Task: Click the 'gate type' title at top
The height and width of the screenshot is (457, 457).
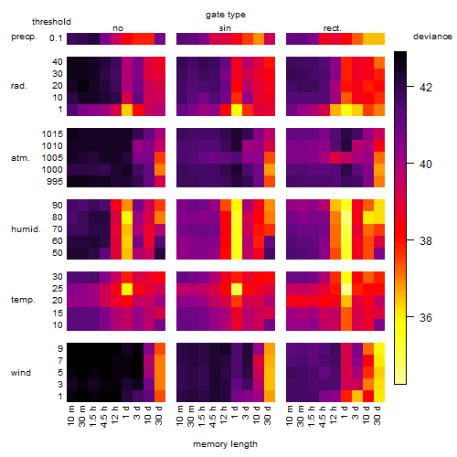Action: (x=226, y=15)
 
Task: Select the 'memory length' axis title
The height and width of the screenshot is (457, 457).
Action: (x=225, y=444)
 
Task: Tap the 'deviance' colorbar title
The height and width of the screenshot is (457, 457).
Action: (x=432, y=37)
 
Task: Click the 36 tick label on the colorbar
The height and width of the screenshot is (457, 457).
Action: (x=426, y=318)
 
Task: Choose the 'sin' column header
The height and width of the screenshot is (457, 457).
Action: (x=225, y=28)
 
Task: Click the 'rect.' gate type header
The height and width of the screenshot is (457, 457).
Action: (x=333, y=28)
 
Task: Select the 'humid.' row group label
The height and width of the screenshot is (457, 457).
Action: (x=26, y=228)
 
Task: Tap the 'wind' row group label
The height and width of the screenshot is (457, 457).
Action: (x=21, y=373)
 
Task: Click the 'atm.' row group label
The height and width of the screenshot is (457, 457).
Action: (x=20, y=158)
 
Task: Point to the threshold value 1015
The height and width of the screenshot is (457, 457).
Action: (x=52, y=134)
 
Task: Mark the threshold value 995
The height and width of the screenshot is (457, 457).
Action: (x=55, y=182)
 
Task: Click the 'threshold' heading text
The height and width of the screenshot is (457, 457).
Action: (x=51, y=22)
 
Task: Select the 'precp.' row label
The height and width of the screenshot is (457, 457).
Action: (x=24, y=37)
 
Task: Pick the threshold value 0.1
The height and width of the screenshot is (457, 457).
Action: (x=56, y=38)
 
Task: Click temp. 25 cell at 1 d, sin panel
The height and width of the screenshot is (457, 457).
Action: (x=237, y=289)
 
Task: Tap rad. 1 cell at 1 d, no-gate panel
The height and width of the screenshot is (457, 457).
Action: (x=127, y=110)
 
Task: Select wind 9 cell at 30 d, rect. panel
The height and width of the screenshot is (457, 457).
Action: (x=379, y=349)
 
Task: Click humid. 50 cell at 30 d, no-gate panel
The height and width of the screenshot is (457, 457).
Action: (x=160, y=253)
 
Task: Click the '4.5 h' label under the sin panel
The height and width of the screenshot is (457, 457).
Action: (x=213, y=416)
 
